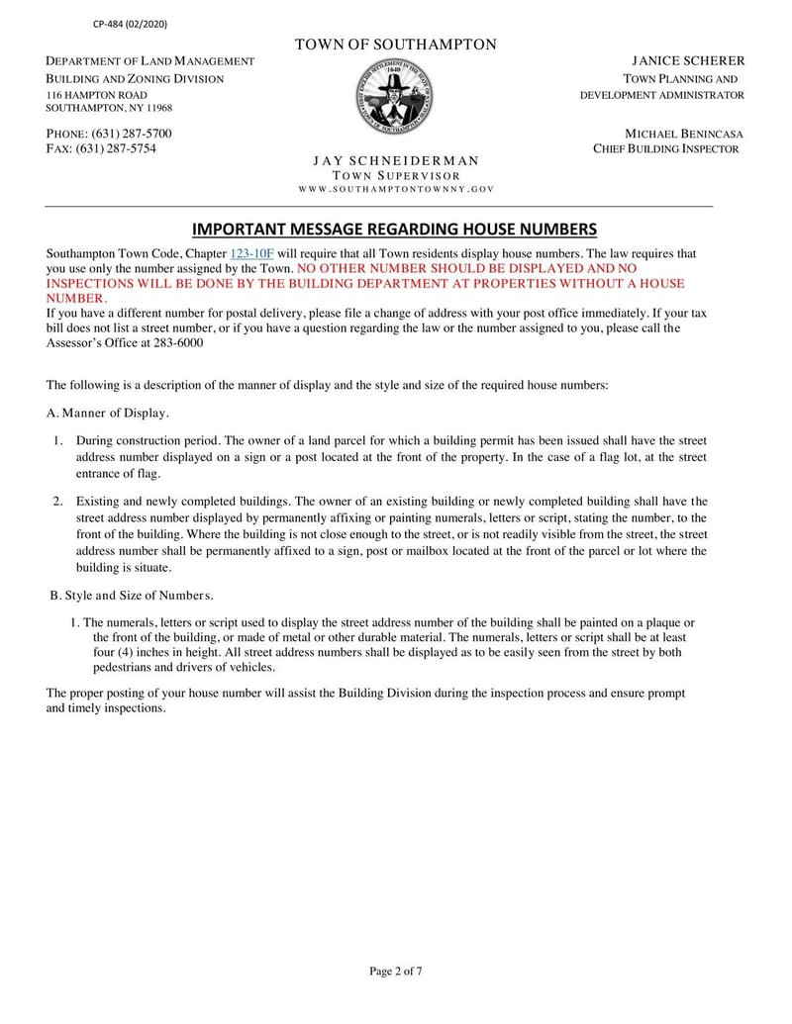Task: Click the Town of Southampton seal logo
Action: pos(395,96)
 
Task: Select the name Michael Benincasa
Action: pos(684,134)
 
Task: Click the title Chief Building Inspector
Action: pos(666,148)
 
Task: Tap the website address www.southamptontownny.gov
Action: pos(396,188)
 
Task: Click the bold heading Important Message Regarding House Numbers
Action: pos(394,230)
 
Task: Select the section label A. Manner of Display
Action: pos(108,413)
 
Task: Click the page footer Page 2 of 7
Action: pos(396,971)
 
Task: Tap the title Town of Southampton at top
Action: pos(396,45)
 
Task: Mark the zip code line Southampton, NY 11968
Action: pos(110,108)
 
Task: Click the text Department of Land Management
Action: pos(150,61)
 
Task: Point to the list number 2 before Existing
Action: pos(57,501)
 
